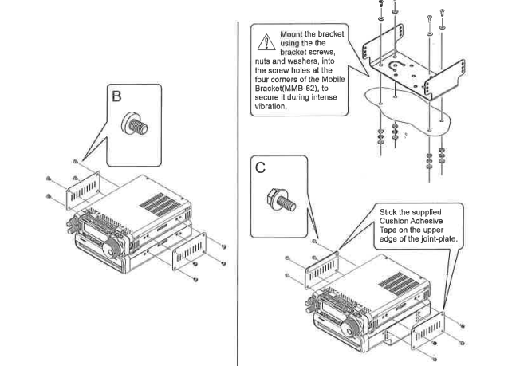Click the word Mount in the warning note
tap(289, 35)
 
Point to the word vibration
tap(271, 106)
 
